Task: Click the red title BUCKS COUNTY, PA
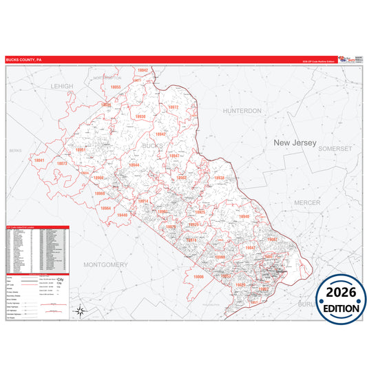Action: (23, 60)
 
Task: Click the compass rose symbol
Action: (81, 311)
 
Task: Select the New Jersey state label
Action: (295, 143)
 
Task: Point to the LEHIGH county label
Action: (61, 86)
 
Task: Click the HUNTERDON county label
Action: (242, 110)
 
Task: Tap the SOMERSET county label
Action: (336, 148)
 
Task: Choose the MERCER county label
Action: (306, 202)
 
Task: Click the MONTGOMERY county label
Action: (105, 264)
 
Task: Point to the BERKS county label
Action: (16, 149)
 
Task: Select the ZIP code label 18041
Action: (39, 160)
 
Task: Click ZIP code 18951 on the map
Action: (81, 149)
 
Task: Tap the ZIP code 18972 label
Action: (172, 107)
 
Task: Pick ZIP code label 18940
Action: (243, 216)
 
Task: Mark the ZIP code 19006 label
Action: (198, 277)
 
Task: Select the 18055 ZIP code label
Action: (115, 87)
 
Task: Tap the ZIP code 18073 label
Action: (61, 164)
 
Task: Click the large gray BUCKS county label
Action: (151, 146)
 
